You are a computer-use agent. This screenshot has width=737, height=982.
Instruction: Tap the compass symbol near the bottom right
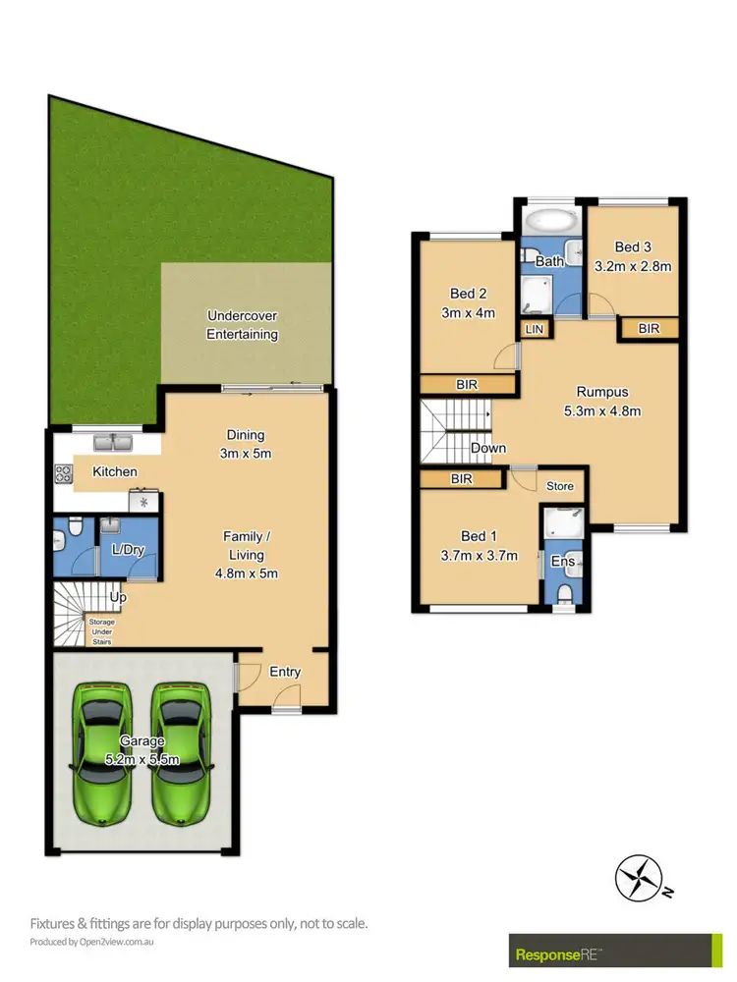[x=638, y=877]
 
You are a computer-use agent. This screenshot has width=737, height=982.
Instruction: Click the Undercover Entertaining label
[x=242, y=325]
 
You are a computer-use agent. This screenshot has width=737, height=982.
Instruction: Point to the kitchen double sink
[x=114, y=443]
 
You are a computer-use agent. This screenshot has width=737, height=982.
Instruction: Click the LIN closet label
[x=536, y=330]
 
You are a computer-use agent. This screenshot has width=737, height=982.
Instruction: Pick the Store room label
[x=559, y=485]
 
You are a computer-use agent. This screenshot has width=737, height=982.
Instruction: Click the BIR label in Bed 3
[x=649, y=329]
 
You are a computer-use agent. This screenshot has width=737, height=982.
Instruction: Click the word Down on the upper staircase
[x=488, y=448]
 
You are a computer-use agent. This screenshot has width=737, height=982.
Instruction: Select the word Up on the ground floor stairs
[x=118, y=596]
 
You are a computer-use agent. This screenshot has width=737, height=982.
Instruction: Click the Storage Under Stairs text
[x=101, y=630]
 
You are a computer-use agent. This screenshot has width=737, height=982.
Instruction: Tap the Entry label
[x=284, y=672]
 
